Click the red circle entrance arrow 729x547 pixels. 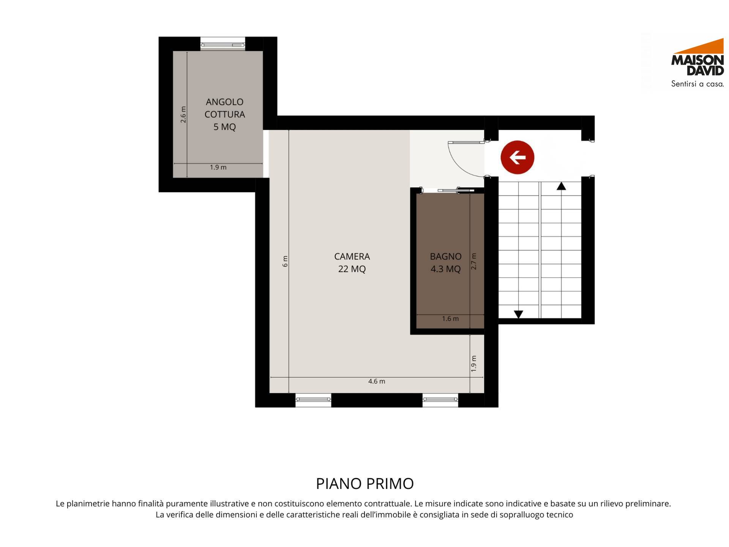coord(517,157)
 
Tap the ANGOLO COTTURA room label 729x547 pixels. coord(225,114)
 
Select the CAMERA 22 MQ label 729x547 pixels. coord(352,262)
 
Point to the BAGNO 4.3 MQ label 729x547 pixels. coord(446,262)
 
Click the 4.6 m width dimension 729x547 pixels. coord(377,381)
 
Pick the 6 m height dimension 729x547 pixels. coord(285,261)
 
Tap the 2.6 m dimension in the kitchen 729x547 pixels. coord(183,114)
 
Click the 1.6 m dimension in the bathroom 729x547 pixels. coord(450,319)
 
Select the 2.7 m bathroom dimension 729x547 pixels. coord(473,261)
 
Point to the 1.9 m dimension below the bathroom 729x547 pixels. coord(473,364)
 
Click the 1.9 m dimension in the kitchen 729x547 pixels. coord(218,167)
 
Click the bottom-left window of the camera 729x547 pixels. coord(313,400)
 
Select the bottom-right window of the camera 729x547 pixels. coord(440,400)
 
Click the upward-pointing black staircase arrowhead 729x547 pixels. coord(561,186)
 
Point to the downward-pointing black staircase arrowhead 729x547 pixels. coord(518,314)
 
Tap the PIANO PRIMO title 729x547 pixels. coord(365,484)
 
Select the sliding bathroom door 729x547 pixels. coord(456,190)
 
